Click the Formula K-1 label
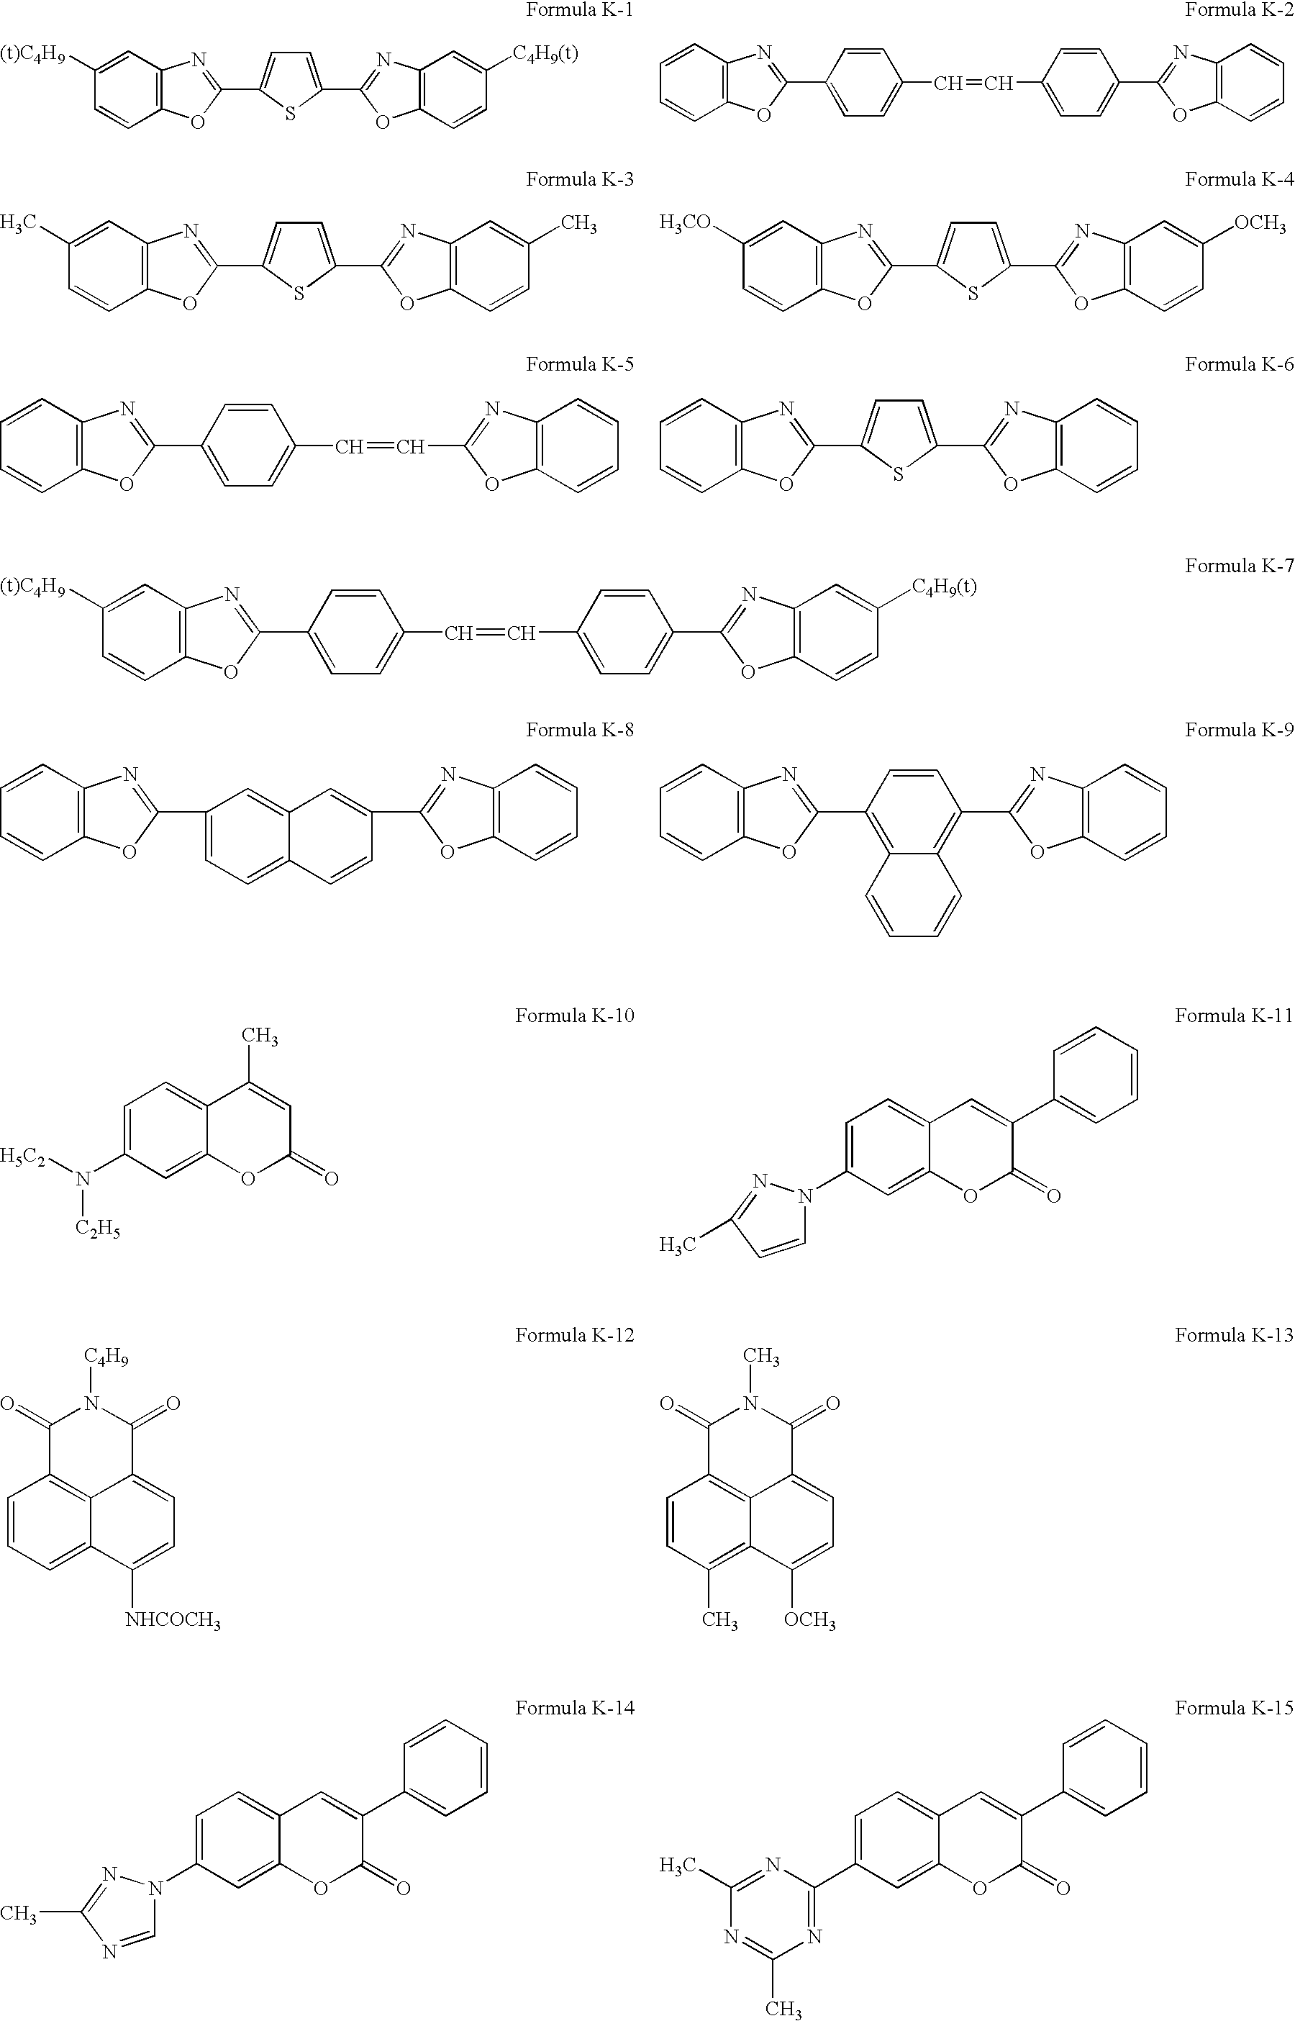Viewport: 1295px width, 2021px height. (x=579, y=11)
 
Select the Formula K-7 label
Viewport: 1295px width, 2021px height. (x=1239, y=566)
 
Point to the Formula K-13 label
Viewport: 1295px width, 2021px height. (x=1234, y=1334)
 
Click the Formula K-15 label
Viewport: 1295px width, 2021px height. (x=1234, y=1707)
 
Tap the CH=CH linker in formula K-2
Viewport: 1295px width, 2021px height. (x=973, y=83)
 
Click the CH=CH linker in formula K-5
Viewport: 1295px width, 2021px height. (x=379, y=446)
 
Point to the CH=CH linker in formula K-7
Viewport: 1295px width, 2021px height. (x=489, y=633)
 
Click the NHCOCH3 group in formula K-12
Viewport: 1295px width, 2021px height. (x=173, y=1620)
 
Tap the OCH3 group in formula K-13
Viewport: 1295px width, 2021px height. (x=810, y=1620)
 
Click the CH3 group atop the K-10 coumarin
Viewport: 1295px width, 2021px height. (x=260, y=1037)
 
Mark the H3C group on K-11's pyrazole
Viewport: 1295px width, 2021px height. (x=678, y=1244)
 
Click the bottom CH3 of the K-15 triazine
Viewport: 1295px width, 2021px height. (x=783, y=2009)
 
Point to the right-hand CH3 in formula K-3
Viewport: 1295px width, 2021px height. (x=578, y=225)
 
